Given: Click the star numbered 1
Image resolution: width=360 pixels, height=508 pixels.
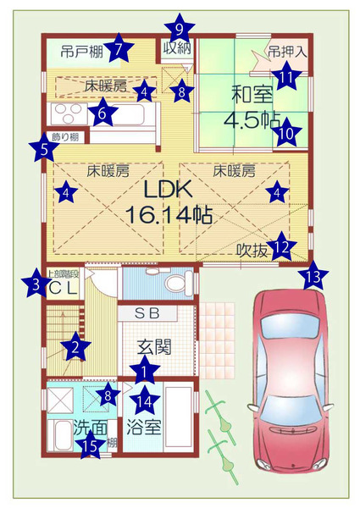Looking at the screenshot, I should click(x=145, y=369).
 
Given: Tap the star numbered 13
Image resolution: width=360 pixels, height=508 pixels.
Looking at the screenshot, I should click(x=315, y=275).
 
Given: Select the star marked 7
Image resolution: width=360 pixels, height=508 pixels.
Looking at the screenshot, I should click(x=119, y=48).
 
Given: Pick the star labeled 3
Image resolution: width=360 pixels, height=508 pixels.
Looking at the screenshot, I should click(x=35, y=284).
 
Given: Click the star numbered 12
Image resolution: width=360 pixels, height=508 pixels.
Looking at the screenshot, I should click(x=282, y=248).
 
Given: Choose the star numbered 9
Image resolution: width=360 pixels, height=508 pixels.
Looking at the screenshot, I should click(x=179, y=27).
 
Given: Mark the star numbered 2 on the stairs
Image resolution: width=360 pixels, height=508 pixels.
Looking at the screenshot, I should click(x=76, y=345).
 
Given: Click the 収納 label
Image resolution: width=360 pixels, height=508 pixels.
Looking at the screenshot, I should click(x=177, y=48).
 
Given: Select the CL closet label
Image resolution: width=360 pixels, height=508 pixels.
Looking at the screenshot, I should click(x=62, y=288).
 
